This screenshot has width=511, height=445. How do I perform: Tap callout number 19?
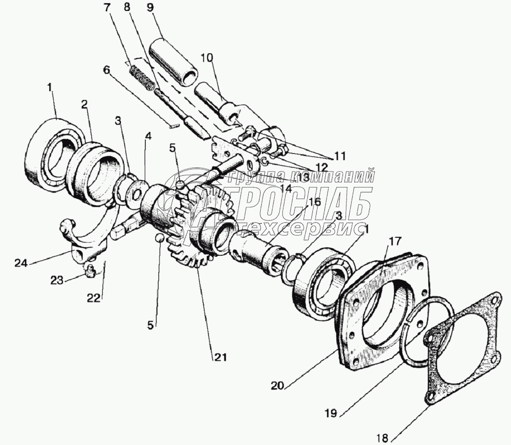[x=332, y=413]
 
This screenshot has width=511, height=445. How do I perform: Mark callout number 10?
[x=205, y=58]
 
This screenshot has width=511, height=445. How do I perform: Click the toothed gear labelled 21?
[x=191, y=227]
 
